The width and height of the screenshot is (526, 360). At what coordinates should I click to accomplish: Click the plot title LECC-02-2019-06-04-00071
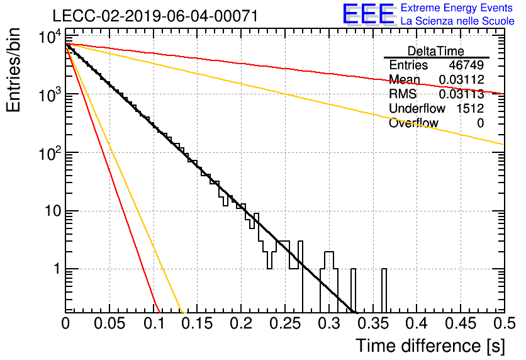[155, 16]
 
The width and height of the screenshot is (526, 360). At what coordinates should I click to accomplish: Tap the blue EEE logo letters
[369, 14]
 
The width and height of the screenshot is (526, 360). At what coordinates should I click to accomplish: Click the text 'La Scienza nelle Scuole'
[457, 21]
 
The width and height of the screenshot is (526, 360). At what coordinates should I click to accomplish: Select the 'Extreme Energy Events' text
[457, 8]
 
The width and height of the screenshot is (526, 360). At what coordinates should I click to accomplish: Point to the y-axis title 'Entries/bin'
[13, 70]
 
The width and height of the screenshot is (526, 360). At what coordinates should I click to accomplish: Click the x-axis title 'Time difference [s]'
[430, 346]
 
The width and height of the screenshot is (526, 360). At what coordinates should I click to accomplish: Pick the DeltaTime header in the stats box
[436, 51]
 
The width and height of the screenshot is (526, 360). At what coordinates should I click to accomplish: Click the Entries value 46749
[466, 65]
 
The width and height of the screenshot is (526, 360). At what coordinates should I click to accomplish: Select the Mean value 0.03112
[462, 79]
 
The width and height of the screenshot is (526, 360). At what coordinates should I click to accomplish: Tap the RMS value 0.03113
[462, 94]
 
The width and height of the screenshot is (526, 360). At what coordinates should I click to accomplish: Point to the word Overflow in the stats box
[413, 123]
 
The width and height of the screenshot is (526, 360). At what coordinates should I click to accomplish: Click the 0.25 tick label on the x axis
[286, 323]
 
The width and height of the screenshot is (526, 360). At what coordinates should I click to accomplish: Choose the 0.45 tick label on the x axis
[462, 323]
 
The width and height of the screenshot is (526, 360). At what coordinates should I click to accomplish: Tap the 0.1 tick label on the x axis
[154, 323]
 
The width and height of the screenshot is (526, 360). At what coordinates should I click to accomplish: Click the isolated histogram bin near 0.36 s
[384, 290]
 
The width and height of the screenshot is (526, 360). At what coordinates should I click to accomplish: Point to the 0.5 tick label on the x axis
[504, 323]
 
